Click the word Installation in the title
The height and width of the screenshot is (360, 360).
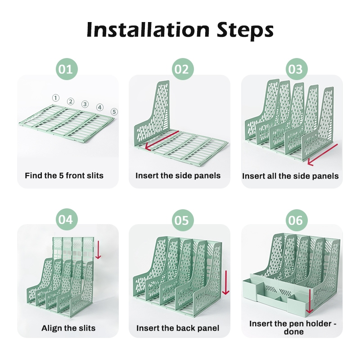(x=148, y=30)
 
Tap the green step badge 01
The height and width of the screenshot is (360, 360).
(x=67, y=69)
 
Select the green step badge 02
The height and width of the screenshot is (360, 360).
(x=183, y=69)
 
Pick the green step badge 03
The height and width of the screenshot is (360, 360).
(x=297, y=69)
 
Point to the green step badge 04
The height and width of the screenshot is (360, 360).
(x=67, y=220)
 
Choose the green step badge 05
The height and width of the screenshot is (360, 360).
(x=183, y=220)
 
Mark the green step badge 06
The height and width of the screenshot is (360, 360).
(x=297, y=220)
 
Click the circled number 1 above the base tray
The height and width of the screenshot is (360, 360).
(x=55, y=98)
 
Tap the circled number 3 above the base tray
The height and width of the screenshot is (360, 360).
(x=85, y=104)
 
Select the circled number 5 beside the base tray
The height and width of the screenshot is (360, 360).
(x=114, y=112)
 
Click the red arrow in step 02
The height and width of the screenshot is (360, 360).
(x=162, y=140)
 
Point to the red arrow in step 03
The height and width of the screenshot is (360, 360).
(x=323, y=155)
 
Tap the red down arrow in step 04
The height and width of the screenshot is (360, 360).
(x=98, y=250)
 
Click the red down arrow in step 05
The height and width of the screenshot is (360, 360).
(x=226, y=283)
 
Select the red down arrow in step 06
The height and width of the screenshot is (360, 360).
(x=310, y=301)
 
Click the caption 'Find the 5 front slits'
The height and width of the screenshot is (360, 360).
(x=64, y=175)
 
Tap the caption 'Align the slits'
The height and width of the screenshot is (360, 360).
(x=68, y=328)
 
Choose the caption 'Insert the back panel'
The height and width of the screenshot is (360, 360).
(x=178, y=328)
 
